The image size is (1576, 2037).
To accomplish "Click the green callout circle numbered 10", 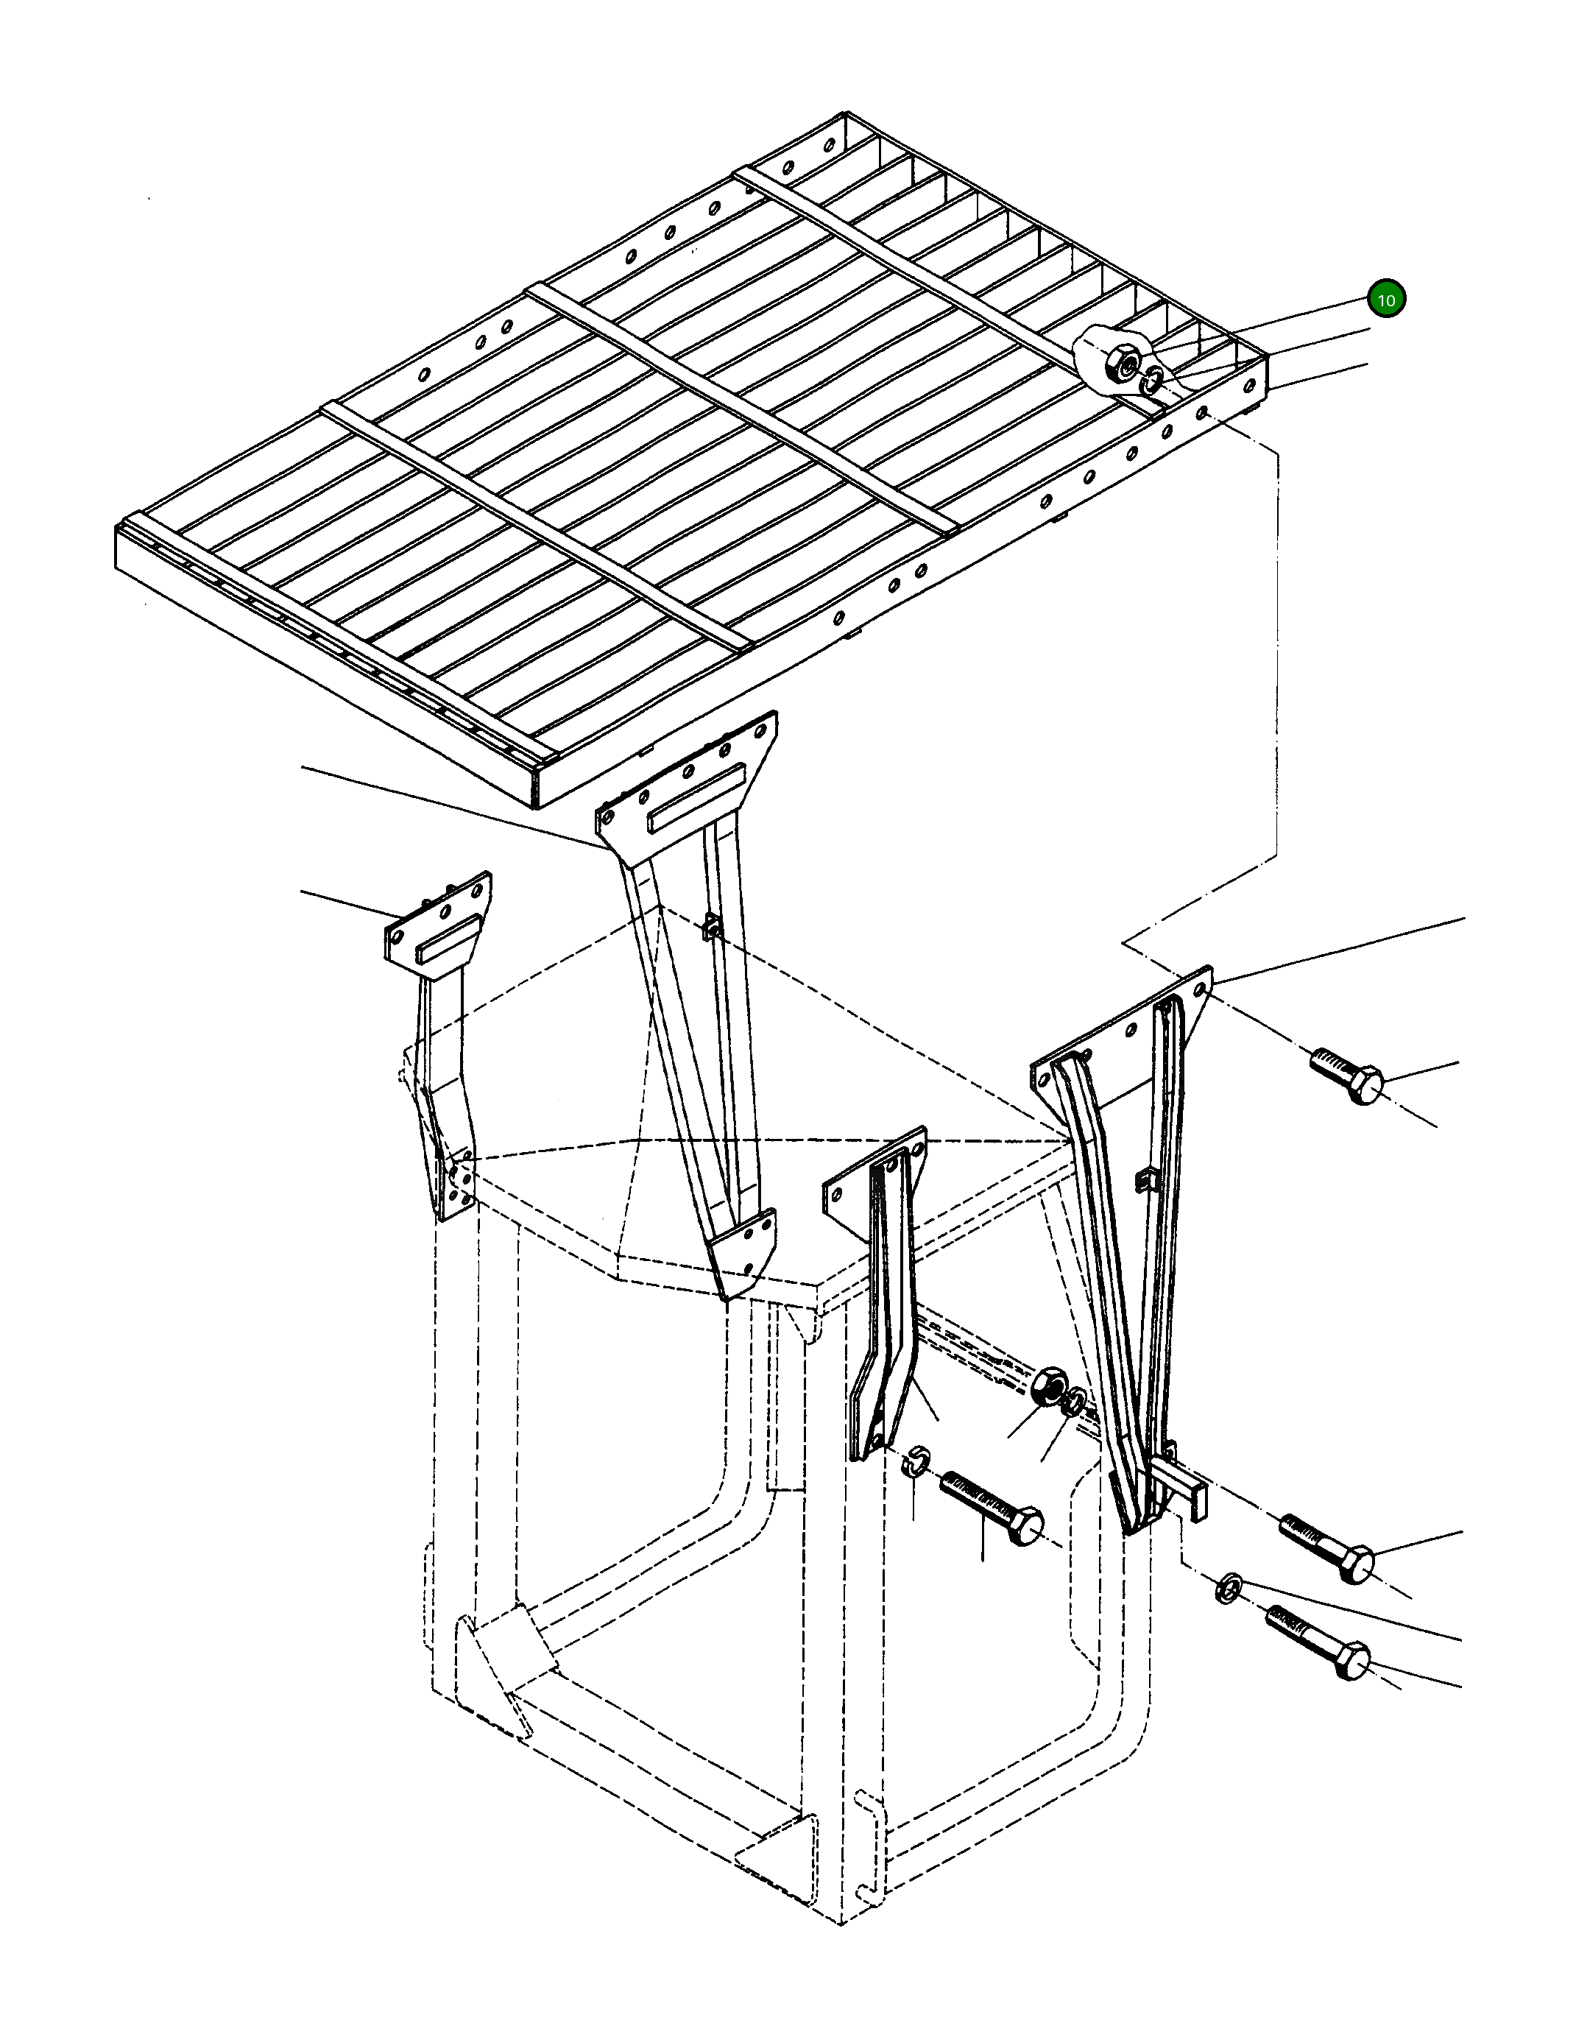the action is click(1386, 300).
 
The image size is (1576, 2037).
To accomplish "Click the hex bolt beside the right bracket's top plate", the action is click(1346, 1076).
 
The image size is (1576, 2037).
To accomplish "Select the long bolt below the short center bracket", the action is click(992, 1508).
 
